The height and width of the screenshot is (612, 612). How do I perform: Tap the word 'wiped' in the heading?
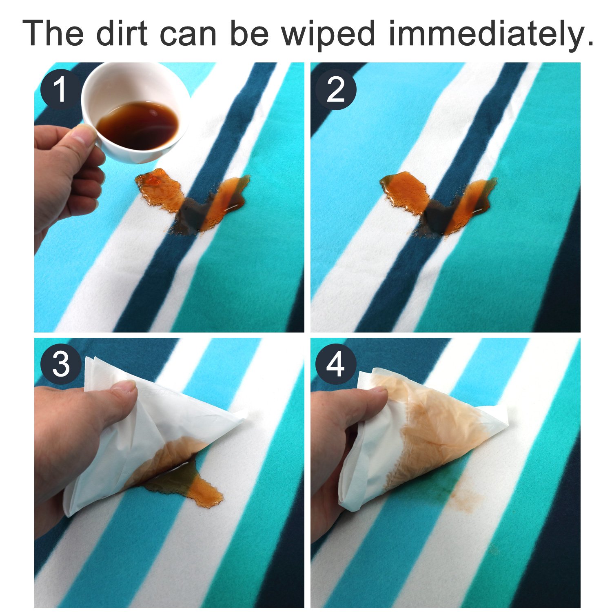coord(328,35)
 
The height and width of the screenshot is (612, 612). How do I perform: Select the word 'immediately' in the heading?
coord(490,35)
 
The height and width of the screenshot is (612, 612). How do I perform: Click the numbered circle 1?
coord(60,90)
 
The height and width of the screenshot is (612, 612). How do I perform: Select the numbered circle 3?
coord(60,364)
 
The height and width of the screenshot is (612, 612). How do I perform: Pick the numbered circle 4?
coord(336,364)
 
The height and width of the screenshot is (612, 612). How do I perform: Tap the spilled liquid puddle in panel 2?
coord(439,204)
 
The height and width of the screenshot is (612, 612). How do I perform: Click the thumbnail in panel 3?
coord(124,386)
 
